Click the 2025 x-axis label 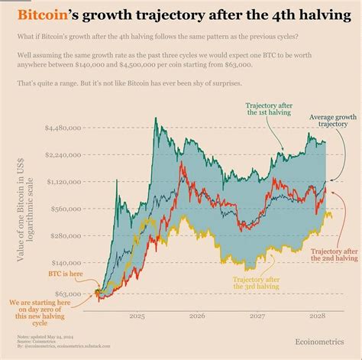(137, 316)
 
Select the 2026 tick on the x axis (197, 316)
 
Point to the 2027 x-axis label (257, 316)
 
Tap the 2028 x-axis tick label (318, 316)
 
